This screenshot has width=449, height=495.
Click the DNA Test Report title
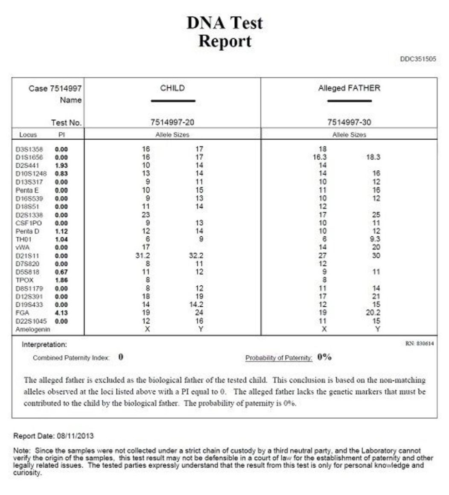224,32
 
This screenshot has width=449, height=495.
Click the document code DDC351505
418,59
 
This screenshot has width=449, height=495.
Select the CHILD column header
172,88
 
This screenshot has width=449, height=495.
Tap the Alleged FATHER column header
349,88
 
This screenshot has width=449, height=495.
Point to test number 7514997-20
172,122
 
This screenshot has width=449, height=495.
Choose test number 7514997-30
349,122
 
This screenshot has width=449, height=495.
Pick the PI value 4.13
61,313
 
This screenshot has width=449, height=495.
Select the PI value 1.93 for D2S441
61,165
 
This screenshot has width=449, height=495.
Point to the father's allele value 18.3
373,157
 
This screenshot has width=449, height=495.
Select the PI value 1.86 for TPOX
61,280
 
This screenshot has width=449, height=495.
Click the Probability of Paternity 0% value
324,358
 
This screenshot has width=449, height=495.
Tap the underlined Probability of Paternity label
279,358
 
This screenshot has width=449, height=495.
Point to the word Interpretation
44,344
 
